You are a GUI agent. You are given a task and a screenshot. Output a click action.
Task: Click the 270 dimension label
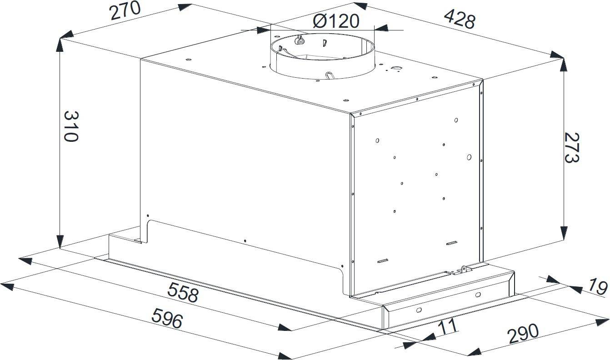tap(125, 10)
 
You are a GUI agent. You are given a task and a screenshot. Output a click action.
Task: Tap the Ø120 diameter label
tap(336, 21)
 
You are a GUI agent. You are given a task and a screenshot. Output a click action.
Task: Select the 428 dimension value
tap(460, 19)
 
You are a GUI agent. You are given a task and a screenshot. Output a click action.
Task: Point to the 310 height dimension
tap(71, 126)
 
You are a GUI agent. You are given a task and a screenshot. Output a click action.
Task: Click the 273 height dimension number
tap(571, 148)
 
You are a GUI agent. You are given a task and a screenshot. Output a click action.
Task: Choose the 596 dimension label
tap(167, 318)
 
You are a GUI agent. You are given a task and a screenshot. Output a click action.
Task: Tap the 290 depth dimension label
tap(524, 334)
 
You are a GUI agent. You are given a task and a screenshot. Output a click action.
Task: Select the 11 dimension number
tap(448, 327)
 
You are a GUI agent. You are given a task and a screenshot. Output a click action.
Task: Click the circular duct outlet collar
tap(322, 57)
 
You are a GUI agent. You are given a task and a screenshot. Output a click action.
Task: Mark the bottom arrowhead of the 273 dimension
tap(564, 233)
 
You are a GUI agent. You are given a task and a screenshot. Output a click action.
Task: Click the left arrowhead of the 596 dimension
tap(7, 287)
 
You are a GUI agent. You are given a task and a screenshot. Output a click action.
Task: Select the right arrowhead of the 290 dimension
tap(602, 322)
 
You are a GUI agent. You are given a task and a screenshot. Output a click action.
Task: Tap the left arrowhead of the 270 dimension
tap(67, 34)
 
